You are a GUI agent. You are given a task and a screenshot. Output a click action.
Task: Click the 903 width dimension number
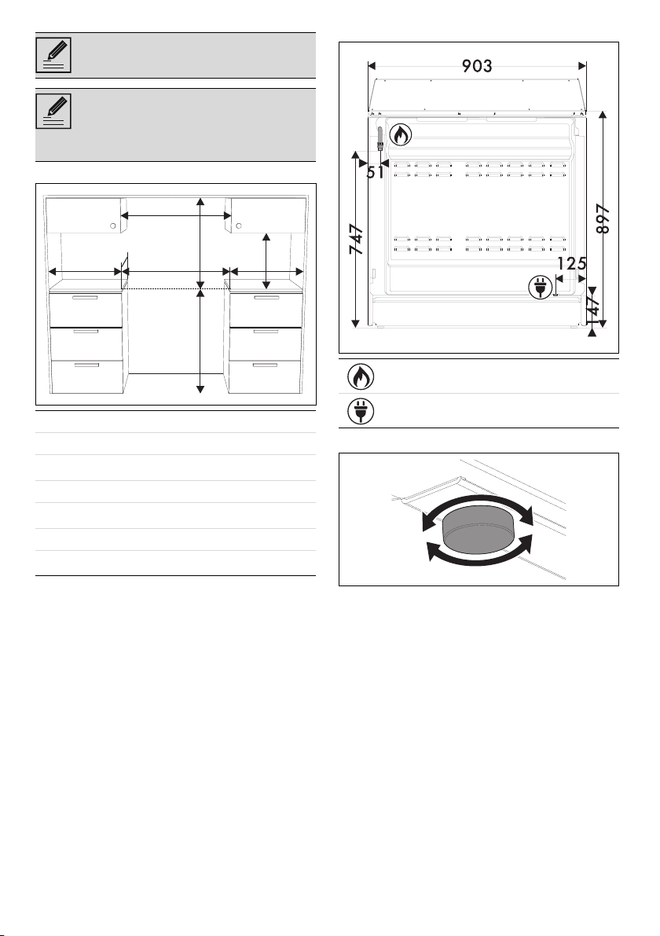[478, 66]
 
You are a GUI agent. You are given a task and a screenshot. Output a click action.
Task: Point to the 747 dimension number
[356, 240]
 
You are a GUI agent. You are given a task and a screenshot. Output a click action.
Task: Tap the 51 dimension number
[376, 173]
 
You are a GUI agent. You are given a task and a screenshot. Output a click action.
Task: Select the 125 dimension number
[572, 263]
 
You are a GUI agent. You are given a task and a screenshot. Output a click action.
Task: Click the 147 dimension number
[595, 304]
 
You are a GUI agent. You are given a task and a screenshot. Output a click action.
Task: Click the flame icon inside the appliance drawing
[401, 135]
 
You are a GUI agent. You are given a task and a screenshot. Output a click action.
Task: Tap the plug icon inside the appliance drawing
[540, 288]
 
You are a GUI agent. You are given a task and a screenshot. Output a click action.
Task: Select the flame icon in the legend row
[361, 376]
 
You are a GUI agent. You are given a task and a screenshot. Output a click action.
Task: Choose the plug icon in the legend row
[361, 411]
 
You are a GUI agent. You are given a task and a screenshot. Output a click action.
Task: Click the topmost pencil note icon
[53, 55]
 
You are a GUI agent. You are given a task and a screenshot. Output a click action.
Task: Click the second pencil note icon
[53, 111]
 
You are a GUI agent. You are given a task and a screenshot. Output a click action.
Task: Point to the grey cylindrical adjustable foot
[478, 529]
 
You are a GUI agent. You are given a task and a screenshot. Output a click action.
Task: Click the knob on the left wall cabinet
[113, 226]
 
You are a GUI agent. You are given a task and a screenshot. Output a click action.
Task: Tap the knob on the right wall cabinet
[238, 226]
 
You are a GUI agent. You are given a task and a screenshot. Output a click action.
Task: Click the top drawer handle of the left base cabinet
[85, 297]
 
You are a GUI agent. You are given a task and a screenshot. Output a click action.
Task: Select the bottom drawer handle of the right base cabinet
[266, 364]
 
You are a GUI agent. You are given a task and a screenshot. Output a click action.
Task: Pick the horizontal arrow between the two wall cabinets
[176, 215]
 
